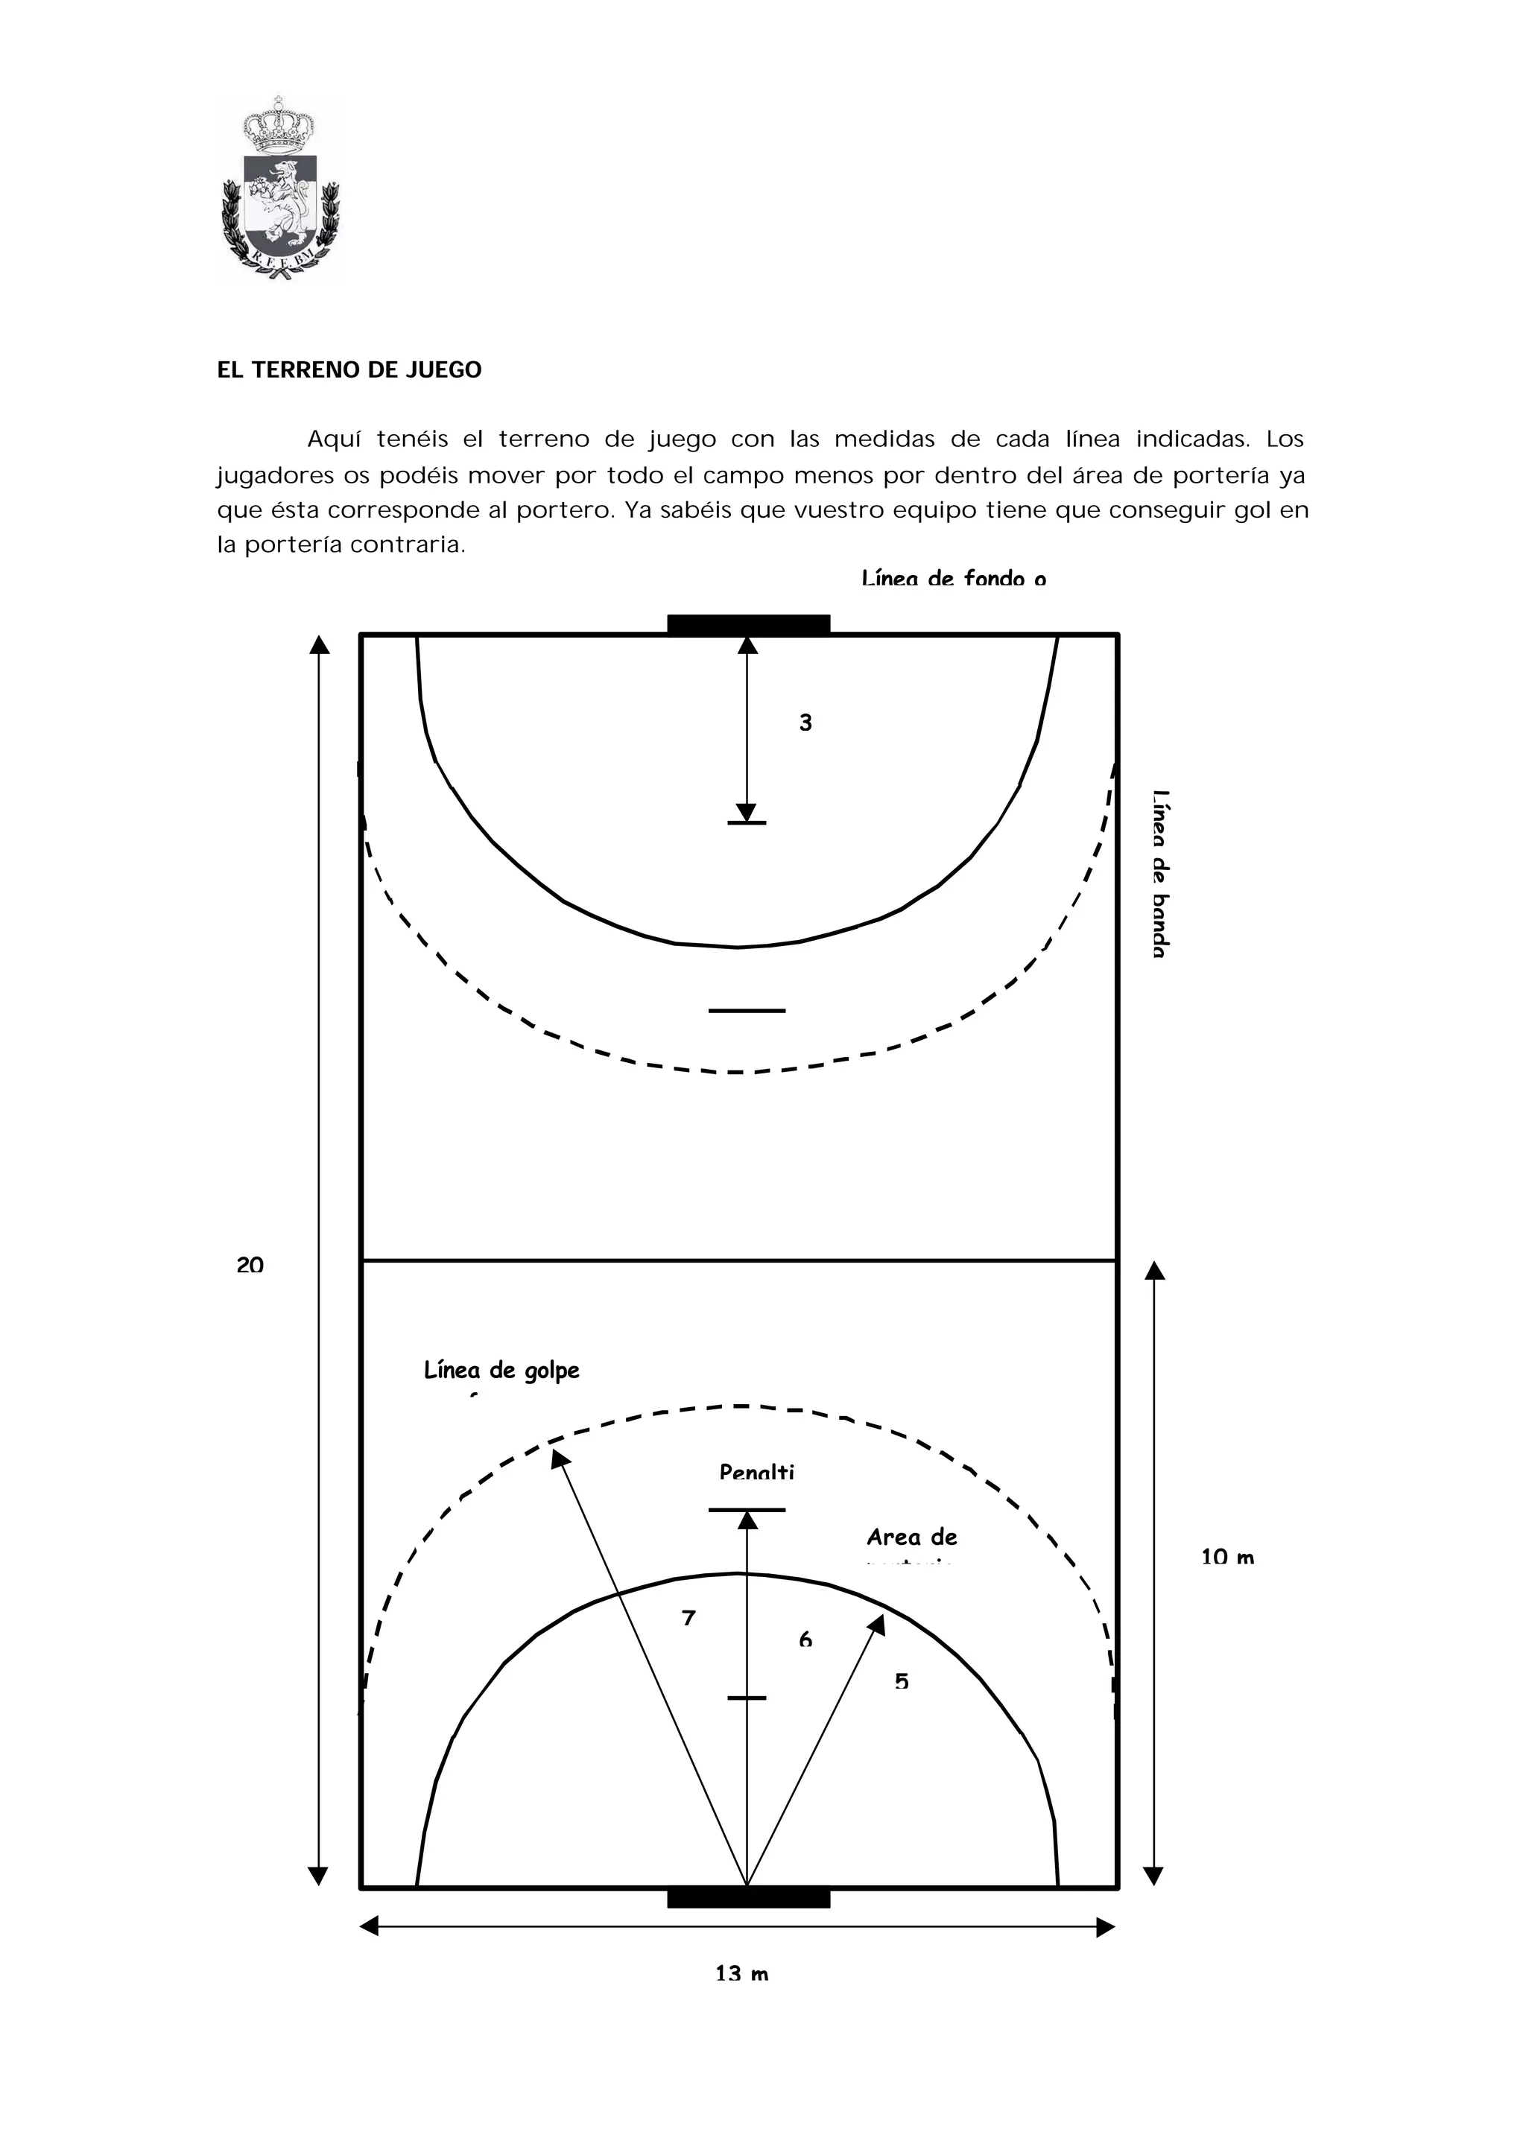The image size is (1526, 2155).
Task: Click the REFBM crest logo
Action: coord(280,190)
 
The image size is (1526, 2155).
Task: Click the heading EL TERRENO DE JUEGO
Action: coord(349,370)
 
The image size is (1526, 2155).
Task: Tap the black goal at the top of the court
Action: coord(748,625)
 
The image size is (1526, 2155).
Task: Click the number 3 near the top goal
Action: coord(805,723)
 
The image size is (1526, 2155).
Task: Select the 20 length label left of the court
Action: coord(250,1266)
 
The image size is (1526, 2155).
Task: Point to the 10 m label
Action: coord(1227,1557)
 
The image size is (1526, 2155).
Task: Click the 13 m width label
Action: coord(741,1974)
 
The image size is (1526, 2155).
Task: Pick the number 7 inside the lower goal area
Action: coord(688,1618)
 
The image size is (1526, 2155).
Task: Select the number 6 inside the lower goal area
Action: coord(805,1640)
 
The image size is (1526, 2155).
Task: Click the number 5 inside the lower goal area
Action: coord(901,1681)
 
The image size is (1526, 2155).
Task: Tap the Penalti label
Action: coord(756,1472)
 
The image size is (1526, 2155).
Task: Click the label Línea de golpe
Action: coord(501,1371)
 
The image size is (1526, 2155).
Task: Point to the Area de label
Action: coord(911,1537)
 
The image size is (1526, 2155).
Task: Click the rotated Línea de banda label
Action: coord(1160,874)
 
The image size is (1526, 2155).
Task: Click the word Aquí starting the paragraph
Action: coord(335,439)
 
